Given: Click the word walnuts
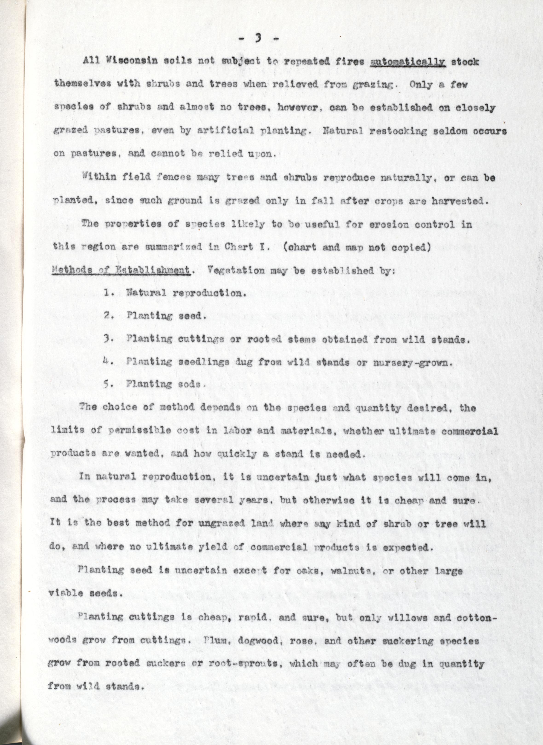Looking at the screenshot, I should pos(357,571).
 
